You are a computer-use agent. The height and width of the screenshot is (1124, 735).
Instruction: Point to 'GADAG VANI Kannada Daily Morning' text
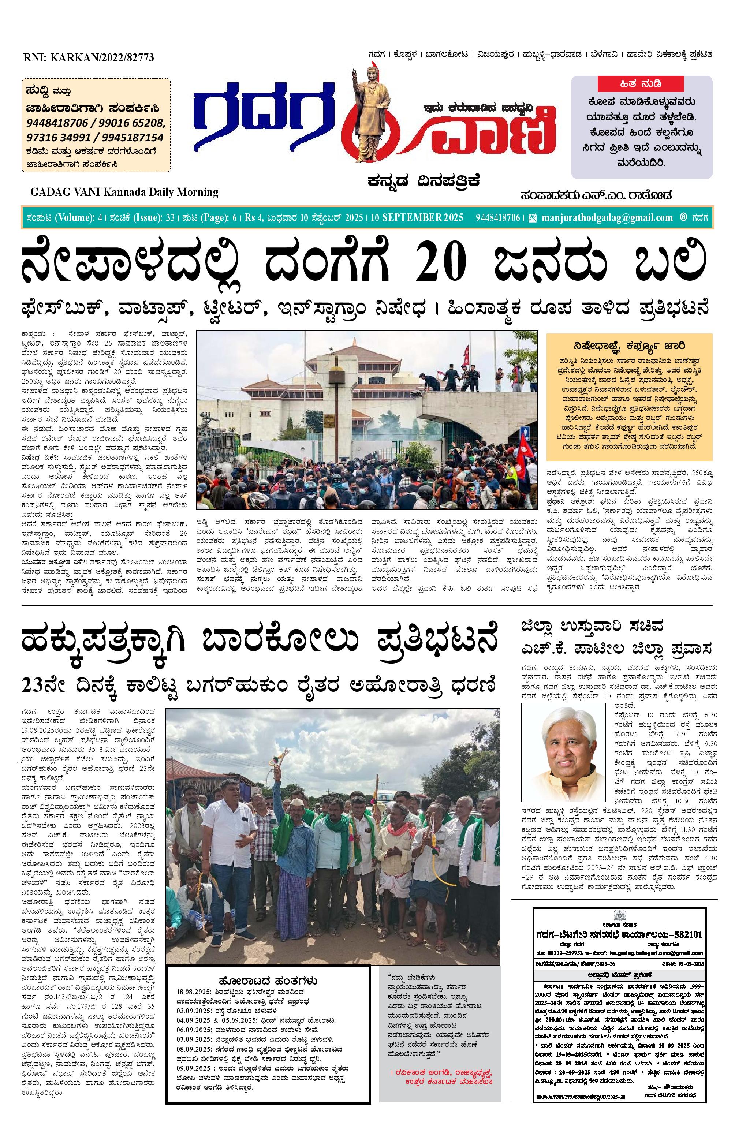point(124,192)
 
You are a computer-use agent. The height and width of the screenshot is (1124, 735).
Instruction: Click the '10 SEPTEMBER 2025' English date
point(417,218)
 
